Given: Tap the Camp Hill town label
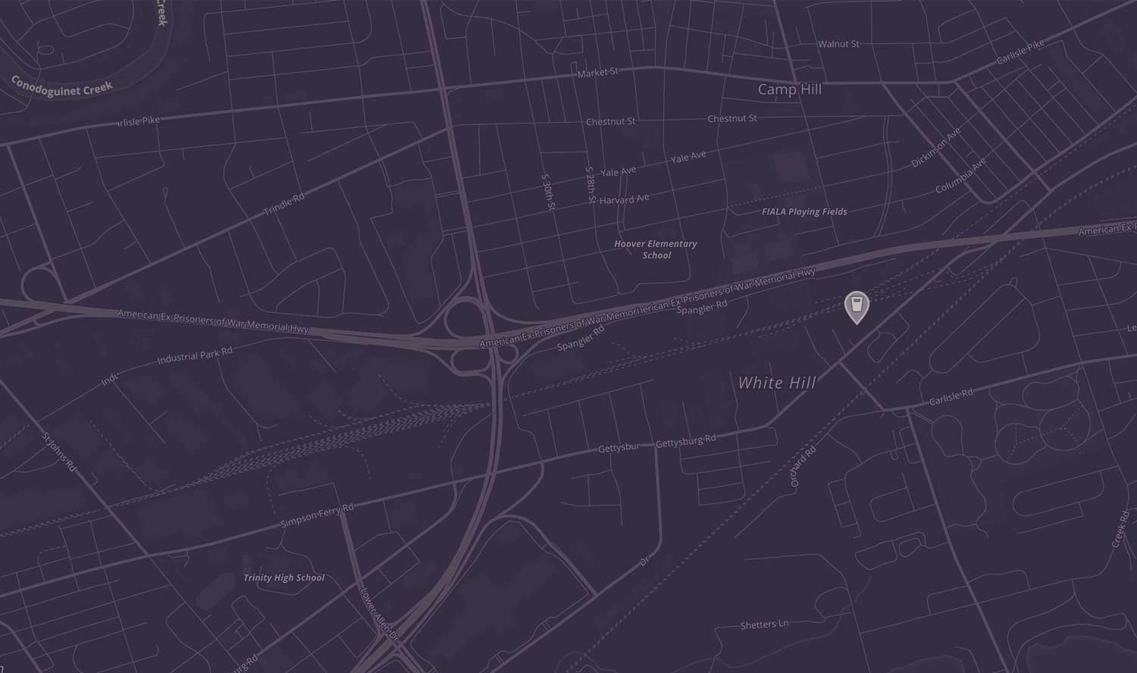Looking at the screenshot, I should point(789,89).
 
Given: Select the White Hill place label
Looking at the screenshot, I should point(777,383).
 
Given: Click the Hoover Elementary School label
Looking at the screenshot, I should point(656,249).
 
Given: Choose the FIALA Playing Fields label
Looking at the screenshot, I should point(804,211).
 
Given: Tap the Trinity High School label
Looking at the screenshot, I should point(283,578).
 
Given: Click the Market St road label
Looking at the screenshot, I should point(598,73).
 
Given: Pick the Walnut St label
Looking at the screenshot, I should point(838,44).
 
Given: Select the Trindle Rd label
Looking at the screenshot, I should point(284,204).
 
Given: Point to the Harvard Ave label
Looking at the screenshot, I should point(625,200).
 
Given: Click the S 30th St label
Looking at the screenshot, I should point(549,192).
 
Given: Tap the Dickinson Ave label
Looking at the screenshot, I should point(936,147).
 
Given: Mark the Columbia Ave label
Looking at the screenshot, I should point(960,175).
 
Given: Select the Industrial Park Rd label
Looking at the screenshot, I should point(195,355).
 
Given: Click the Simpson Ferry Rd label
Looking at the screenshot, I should point(317,516).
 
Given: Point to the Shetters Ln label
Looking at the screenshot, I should point(764,625).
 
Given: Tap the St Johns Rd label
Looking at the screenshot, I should point(59,452).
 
